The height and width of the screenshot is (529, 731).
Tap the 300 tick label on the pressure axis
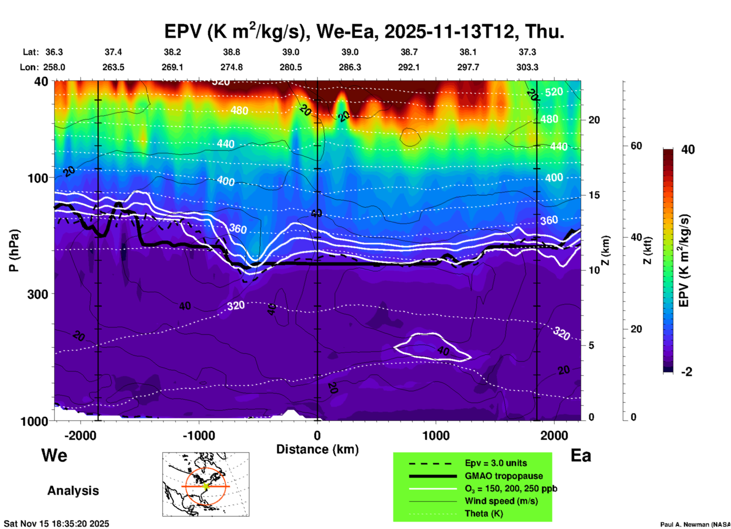(38, 294)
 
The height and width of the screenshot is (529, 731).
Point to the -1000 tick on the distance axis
(199, 435)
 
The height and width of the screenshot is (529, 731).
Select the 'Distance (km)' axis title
(317, 449)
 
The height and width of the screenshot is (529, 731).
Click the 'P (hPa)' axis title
(14, 250)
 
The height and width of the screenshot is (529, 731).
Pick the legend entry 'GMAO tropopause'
(503, 476)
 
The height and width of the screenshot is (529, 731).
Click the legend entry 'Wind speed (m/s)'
(501, 501)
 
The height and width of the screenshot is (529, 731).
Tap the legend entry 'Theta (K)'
(484, 513)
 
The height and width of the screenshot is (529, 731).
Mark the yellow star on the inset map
(206, 486)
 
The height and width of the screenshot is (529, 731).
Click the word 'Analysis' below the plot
(73, 491)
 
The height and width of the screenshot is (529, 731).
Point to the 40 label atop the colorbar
(688, 150)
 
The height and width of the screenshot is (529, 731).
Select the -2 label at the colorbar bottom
(687, 372)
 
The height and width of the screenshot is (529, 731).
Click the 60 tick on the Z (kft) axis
(636, 146)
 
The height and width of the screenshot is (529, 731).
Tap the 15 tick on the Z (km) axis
(594, 195)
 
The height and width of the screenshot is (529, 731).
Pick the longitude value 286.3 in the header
(350, 67)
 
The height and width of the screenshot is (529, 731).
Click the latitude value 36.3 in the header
(54, 52)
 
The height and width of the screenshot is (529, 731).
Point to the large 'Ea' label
(580, 455)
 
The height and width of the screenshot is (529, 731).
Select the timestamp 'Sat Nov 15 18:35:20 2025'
(57, 524)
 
